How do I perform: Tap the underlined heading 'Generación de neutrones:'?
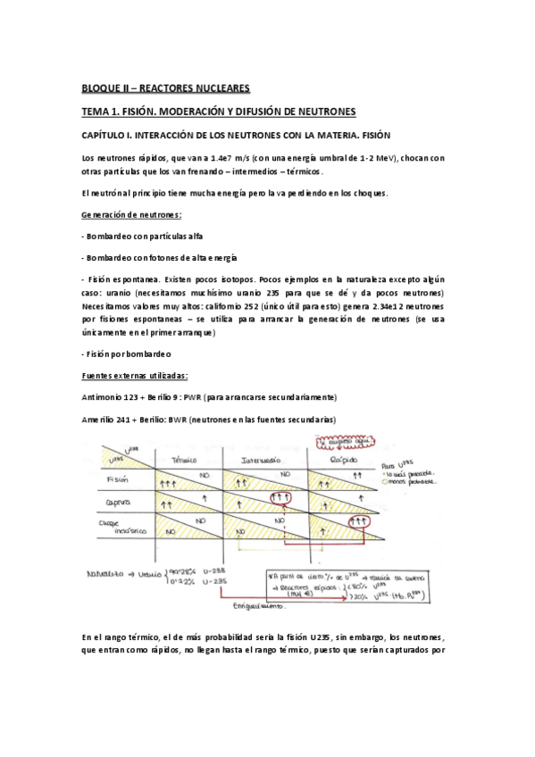pyautogui.click(x=131, y=216)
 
